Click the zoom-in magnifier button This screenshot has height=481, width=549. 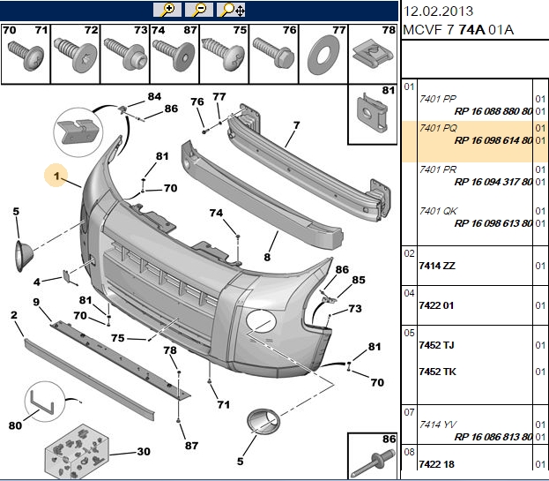pos(167,10)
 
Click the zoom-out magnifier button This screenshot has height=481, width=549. pos(199,10)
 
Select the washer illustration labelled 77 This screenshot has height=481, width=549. pos(323,55)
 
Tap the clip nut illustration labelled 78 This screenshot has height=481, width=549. pos(373,55)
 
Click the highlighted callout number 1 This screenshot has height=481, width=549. pos(56,176)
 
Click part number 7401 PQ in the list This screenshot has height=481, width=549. pos(438,128)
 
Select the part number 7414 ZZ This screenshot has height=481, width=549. pos(437,266)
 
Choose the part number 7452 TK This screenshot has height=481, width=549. pos(437,372)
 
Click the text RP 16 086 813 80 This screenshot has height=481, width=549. pos(493,437)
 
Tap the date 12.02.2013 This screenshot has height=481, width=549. pos(438,11)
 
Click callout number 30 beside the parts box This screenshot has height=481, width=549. pos(144,451)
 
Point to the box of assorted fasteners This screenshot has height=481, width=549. pos(77,452)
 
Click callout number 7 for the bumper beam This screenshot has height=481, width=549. pos(297,124)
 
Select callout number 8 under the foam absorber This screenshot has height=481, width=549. pos(267,257)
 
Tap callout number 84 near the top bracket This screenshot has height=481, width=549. pos(154,96)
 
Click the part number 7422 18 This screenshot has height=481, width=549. pos(436,464)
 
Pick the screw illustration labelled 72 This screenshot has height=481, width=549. pos(75,55)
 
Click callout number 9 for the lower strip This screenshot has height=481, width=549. pos(36,302)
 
